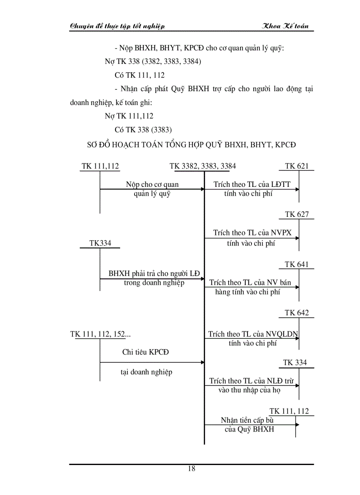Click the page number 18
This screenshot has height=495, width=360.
pyautogui.click(x=191, y=469)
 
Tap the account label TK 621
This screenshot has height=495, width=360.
pyautogui.click(x=296, y=166)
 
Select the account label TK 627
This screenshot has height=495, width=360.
pyautogui.click(x=296, y=215)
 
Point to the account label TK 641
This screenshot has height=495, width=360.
pyautogui.click(x=296, y=264)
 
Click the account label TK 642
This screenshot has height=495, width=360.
pyautogui.click(x=296, y=313)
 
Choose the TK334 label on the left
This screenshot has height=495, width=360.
pyautogui.click(x=100, y=243)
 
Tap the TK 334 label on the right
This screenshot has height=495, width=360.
pyautogui.click(x=295, y=363)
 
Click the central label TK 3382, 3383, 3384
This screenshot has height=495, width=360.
pyautogui.click(x=202, y=166)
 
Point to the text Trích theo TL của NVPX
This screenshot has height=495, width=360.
pyautogui.click(x=252, y=233)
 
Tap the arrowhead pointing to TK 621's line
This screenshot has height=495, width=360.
pyautogui.click(x=297, y=190)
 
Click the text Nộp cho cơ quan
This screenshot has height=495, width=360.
pyautogui.click(x=152, y=185)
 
